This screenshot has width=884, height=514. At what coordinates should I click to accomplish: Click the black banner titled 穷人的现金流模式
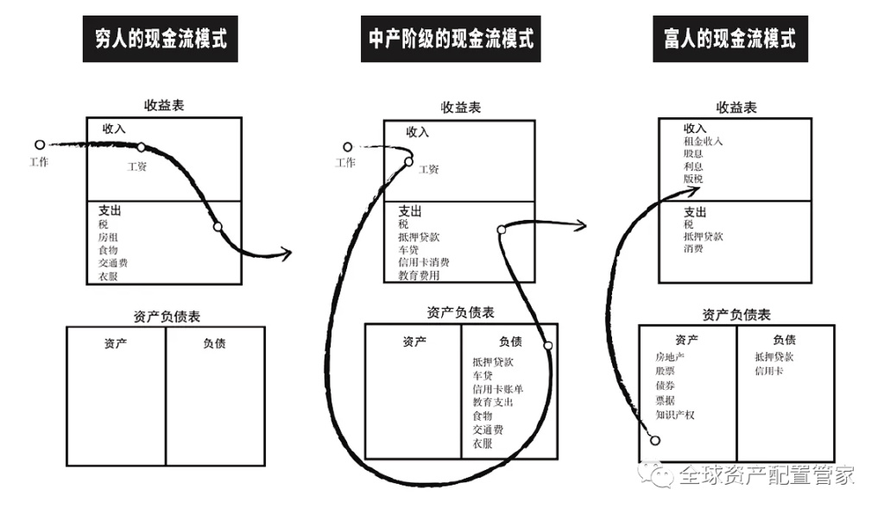pos(160,39)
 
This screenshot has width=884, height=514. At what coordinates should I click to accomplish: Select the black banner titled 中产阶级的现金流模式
pos(449,39)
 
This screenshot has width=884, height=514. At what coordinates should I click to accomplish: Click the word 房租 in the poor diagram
pos(108,237)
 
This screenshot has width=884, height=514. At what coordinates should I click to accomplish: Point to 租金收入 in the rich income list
pos(703,141)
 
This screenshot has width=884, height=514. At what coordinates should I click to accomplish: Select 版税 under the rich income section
pos(693,179)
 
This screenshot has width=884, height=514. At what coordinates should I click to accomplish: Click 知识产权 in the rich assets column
pos(675,415)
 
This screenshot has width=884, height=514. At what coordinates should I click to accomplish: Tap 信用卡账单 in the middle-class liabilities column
pos(498,389)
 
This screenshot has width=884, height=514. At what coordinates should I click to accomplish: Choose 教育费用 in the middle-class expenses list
pos(419,275)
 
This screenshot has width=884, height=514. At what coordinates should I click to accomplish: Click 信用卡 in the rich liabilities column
pos(769,371)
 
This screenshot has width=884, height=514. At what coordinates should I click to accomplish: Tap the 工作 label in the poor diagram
pos(39,161)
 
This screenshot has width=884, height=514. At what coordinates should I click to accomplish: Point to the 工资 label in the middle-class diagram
pos(428,169)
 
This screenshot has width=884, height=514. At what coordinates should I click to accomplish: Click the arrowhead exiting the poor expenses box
pos(288,253)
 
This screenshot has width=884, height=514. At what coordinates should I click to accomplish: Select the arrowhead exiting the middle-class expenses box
pos(583,226)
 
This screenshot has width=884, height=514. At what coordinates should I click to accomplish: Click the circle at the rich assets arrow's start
pos(655,441)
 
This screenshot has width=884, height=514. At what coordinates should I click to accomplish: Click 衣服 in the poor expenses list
pos(108,276)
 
